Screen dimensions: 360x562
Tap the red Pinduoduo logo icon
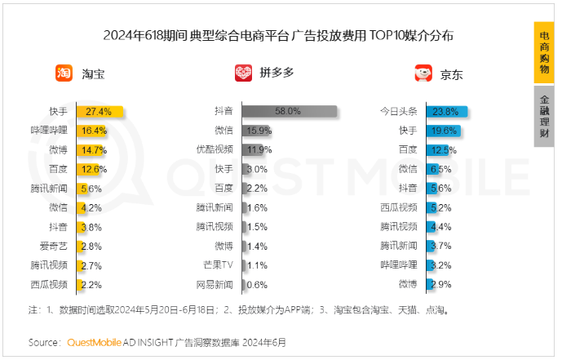pyautogui.click(x=243, y=73)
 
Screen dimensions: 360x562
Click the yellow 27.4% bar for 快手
pyautogui.click(x=100, y=111)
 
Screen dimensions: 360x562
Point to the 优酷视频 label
pyautogui.click(x=215, y=149)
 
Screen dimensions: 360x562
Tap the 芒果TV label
pyautogui.click(x=218, y=265)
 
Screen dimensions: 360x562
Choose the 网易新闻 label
pyautogui.click(x=215, y=285)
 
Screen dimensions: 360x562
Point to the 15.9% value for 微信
pyautogui.click(x=259, y=131)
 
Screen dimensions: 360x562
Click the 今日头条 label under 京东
pyautogui.click(x=398, y=111)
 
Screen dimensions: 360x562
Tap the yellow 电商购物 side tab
pyautogui.click(x=544, y=51)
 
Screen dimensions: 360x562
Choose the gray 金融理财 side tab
pyautogui.click(x=544, y=116)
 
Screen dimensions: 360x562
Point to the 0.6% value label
pyautogui.click(x=257, y=285)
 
